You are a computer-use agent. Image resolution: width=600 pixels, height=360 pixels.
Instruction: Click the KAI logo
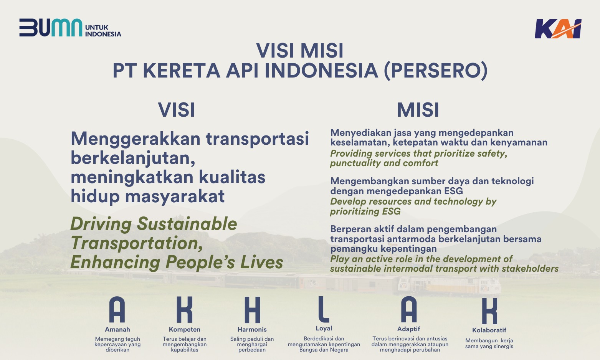point(558,29)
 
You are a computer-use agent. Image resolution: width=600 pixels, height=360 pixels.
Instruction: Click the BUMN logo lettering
point(51,27)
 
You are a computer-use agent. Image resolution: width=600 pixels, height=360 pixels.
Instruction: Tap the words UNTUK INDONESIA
point(103,31)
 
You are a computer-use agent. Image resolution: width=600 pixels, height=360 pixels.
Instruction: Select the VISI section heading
point(177,110)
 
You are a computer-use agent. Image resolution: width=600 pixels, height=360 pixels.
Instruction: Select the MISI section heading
point(418,110)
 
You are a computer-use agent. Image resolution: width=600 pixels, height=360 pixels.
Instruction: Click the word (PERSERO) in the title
point(436,70)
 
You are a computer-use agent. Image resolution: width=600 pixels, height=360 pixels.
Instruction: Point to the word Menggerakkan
point(136,139)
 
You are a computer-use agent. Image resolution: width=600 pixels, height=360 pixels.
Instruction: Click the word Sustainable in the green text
point(187,223)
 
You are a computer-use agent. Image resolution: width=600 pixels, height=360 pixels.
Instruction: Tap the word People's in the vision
point(200,262)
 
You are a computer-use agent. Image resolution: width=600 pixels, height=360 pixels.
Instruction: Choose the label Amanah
point(117,329)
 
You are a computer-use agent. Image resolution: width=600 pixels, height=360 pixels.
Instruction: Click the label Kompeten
point(185,329)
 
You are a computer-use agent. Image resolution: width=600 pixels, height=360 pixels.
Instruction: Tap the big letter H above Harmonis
point(252,310)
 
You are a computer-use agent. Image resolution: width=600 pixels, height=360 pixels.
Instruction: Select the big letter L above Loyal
point(323,309)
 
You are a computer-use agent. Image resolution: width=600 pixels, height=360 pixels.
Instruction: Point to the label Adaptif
point(408,329)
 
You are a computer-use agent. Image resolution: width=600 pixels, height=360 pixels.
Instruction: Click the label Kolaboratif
point(489,330)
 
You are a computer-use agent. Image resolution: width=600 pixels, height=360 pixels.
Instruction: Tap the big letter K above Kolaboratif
point(489,311)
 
